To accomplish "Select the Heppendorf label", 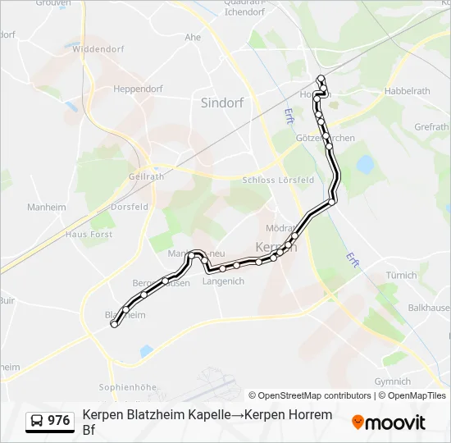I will tap(138, 89).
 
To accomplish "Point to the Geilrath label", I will tap(146, 176).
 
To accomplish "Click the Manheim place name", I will tap(46, 208).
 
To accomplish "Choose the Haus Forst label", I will tap(89, 234).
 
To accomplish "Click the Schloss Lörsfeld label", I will tap(279, 180).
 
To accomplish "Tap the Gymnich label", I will tap(392, 381).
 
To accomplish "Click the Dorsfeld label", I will tap(130, 208).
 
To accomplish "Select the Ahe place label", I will tap(193, 38).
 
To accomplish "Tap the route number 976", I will tap(59, 421).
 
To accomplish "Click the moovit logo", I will tap(389, 422).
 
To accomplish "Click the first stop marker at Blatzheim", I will tap(114, 324).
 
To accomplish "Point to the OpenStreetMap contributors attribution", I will tap(310, 395).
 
